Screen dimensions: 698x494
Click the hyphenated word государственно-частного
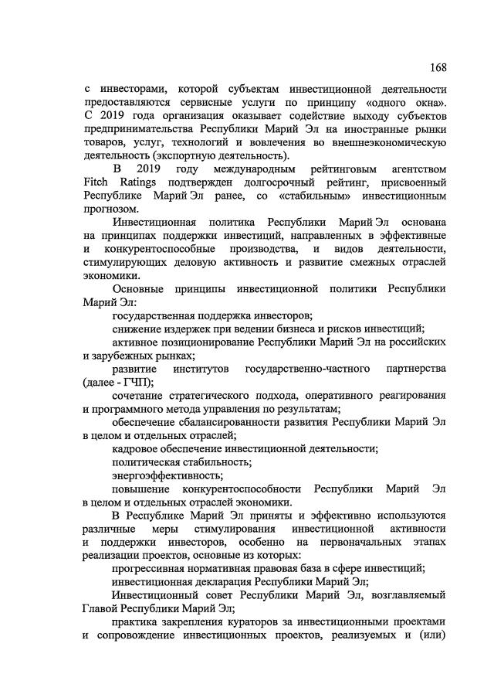click(299, 369)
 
